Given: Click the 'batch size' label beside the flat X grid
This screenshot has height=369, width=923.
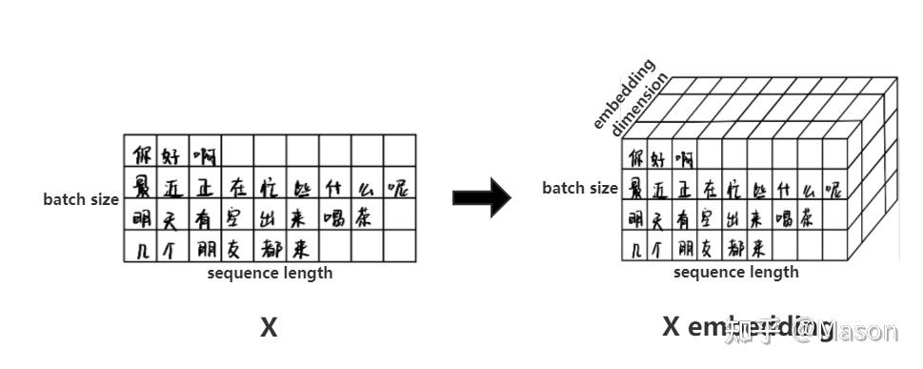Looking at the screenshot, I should (80, 199).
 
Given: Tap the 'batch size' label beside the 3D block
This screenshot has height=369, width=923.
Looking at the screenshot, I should (579, 188).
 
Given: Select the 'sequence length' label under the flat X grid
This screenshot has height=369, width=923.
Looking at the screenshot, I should (270, 274).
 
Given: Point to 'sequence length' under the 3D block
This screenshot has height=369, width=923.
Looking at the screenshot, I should (735, 272).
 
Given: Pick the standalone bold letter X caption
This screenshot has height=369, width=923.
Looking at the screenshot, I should (269, 328).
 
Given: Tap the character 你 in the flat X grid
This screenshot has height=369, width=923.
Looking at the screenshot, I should (142, 154).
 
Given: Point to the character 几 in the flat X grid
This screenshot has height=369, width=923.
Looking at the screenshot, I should (140, 250).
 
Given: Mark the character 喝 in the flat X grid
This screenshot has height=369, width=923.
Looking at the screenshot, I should (333, 217).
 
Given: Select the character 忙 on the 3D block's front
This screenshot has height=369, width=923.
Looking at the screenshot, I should (732, 188).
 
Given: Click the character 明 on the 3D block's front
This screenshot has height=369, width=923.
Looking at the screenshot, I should (634, 218).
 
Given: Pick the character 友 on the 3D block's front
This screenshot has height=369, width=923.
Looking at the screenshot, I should (708, 249).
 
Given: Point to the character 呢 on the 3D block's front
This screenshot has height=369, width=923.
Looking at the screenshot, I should (833, 188).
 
